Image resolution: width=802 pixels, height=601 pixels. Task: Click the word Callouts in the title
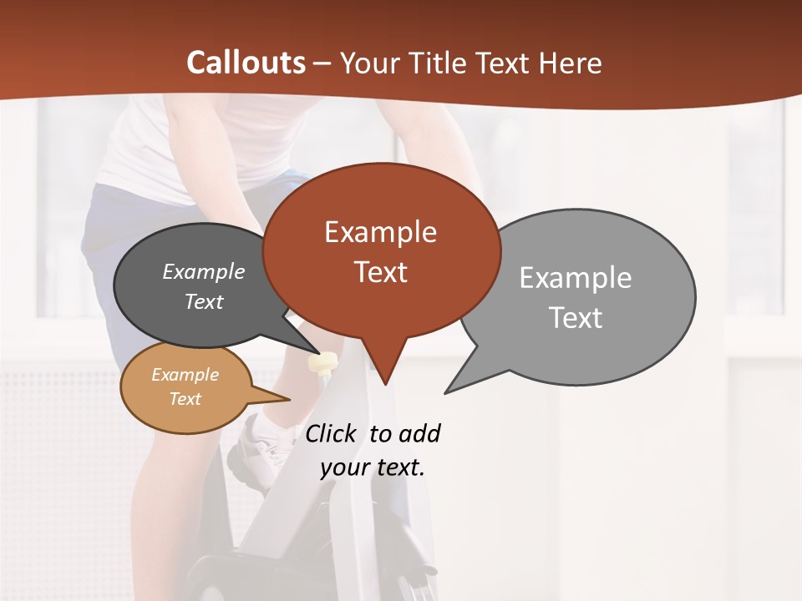(x=246, y=63)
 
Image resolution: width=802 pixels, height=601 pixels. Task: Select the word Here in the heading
(x=571, y=63)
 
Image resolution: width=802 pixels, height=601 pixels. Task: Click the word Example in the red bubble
(x=380, y=232)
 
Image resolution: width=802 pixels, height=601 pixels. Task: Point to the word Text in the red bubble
(x=380, y=272)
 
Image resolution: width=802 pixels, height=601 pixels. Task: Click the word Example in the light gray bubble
(x=575, y=278)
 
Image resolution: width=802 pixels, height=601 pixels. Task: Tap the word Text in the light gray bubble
(x=576, y=318)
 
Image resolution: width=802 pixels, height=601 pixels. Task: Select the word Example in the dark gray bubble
(x=204, y=272)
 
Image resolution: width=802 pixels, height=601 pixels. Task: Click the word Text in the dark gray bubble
(x=204, y=302)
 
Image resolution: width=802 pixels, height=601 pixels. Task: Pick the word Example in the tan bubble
(x=185, y=375)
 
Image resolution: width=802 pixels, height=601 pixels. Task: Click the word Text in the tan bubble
(x=185, y=399)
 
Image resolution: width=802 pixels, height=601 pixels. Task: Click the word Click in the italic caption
(x=332, y=434)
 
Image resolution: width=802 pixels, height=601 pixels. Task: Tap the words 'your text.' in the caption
(x=373, y=467)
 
